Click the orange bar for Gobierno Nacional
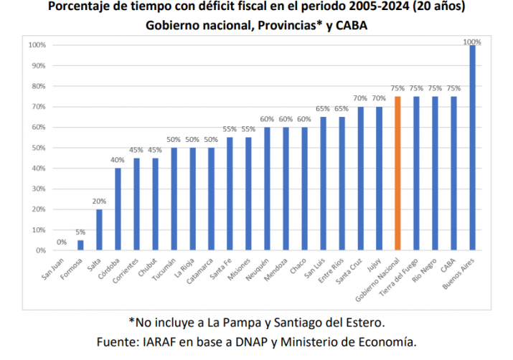point(397,174)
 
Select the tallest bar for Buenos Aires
point(472,148)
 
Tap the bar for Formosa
point(80,245)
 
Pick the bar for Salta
point(99,229)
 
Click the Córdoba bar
point(118,209)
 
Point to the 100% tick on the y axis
point(38,45)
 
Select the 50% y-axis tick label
point(40,148)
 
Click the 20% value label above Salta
point(99,202)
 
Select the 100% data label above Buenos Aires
point(472,42)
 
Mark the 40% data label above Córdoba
point(118,161)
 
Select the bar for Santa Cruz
point(360,179)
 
